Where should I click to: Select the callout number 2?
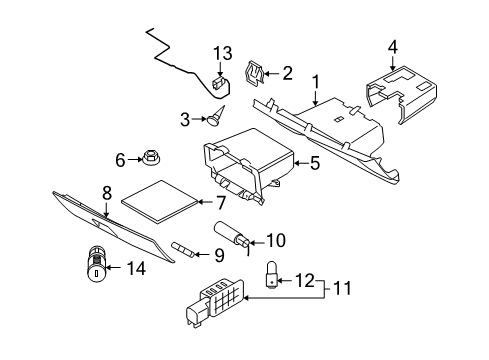(x=288, y=72)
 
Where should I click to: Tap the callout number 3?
(x=184, y=120)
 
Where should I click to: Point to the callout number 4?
(x=392, y=45)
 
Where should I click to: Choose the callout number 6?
(x=120, y=159)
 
